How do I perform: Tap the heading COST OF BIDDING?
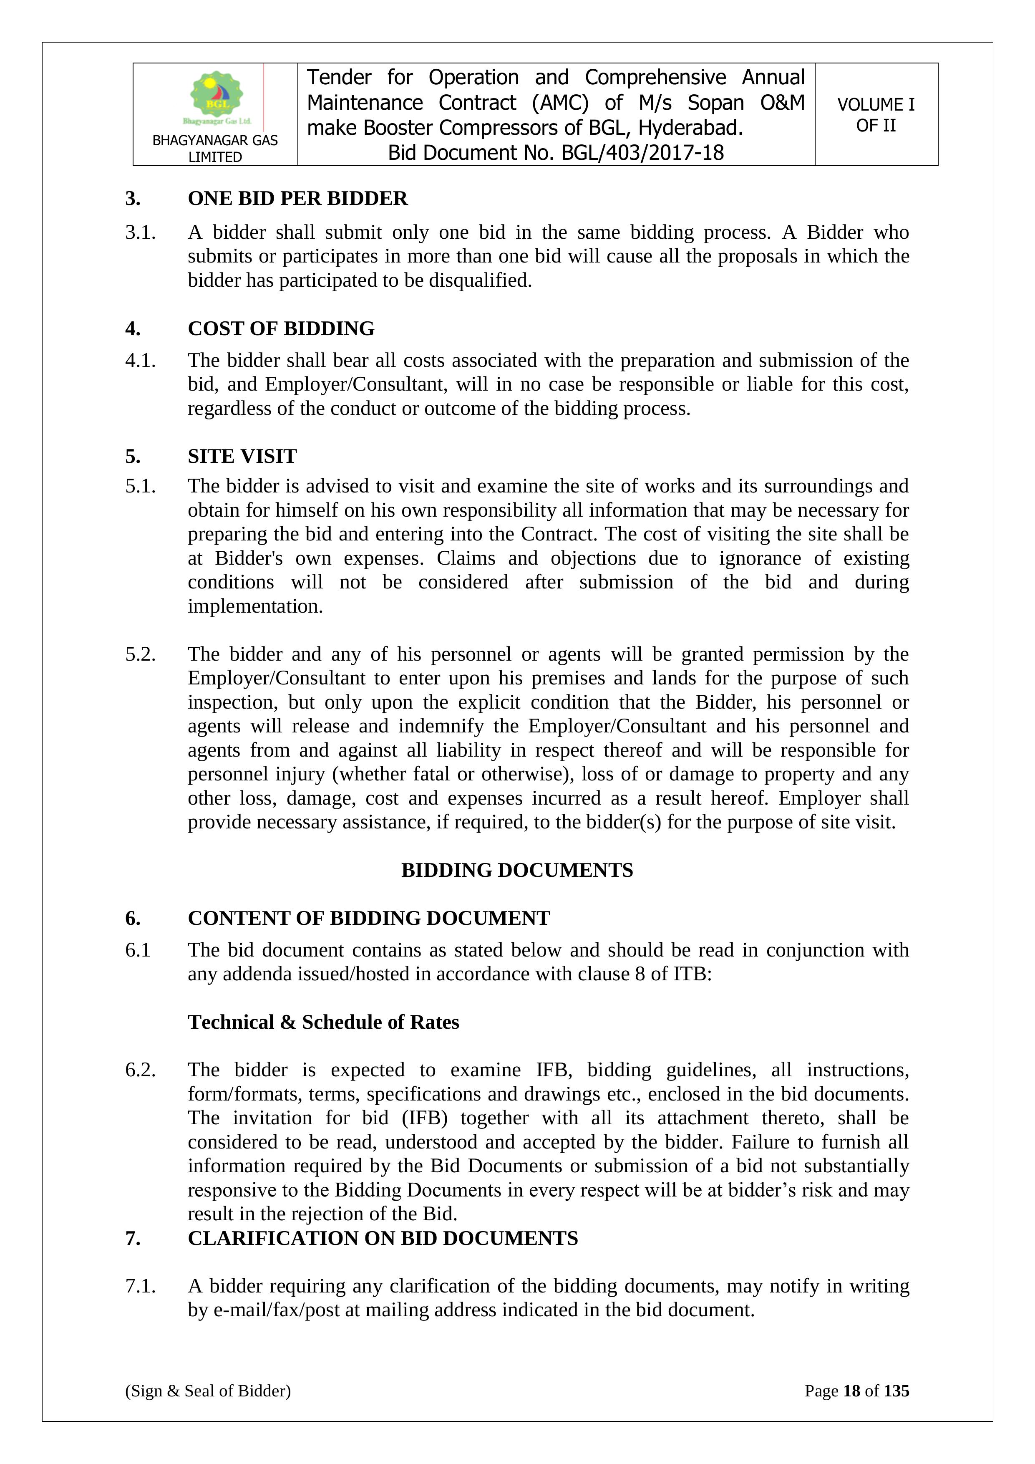[281, 328]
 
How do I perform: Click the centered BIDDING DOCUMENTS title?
[517, 871]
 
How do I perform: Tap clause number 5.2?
[140, 654]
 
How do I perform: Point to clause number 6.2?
[140, 1070]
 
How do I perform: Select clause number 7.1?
[140, 1286]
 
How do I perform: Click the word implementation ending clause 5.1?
[255, 606]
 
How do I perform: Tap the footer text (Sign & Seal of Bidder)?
[208, 1391]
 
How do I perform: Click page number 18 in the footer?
[851, 1391]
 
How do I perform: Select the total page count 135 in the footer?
[896, 1391]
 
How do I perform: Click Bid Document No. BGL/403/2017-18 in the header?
[556, 153]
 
